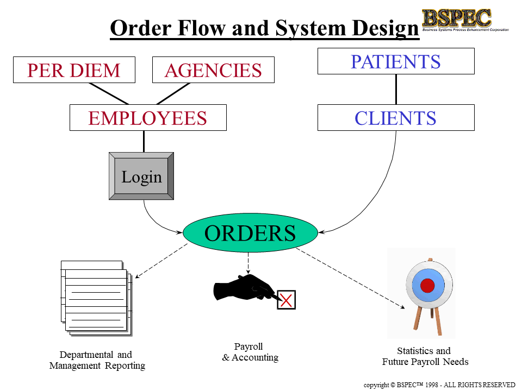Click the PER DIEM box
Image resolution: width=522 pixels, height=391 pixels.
pyautogui.click(x=74, y=70)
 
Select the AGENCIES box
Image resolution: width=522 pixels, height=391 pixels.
pyautogui.click(x=213, y=70)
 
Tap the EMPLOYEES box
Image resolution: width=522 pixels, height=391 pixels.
pyautogui.click(x=148, y=118)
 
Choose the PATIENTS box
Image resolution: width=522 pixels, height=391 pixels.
pyautogui.click(x=396, y=61)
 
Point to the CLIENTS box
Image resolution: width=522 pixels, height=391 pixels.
pyautogui.click(x=396, y=118)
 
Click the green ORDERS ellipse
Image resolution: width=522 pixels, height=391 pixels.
pyautogui.click(x=250, y=233)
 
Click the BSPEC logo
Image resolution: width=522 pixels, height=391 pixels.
pyautogui.click(x=457, y=19)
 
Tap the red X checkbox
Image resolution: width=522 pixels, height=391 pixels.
pyautogui.click(x=287, y=300)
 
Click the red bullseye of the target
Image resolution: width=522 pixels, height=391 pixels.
pyautogui.click(x=427, y=285)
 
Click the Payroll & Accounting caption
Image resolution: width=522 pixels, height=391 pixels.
pyautogui.click(x=250, y=352)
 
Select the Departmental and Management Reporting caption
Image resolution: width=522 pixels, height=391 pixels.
pyautogui.click(x=97, y=361)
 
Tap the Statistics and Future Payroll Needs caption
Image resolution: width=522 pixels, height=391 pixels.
pyautogui.click(x=425, y=356)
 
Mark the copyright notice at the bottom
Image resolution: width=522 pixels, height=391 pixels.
pyautogui.click(x=439, y=384)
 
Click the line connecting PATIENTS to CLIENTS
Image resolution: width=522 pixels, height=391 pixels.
pyautogui.click(x=396, y=89)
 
